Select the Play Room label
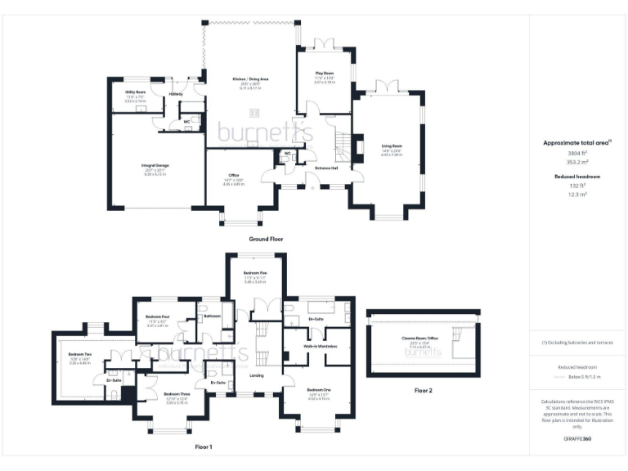coord(325,73)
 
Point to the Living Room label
coord(392,147)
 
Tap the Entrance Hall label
coord(327,168)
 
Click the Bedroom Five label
coord(255,272)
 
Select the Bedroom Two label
coord(80,354)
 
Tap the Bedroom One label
coord(319,390)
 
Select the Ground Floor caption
coord(265,240)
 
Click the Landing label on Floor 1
coord(257,375)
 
